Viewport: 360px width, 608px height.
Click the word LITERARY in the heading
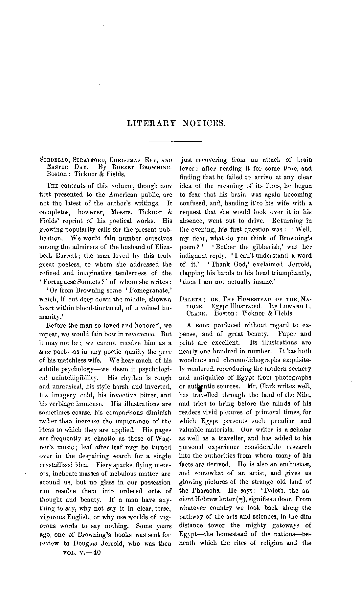[149, 123]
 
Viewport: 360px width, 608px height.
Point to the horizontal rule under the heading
[175, 142]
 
